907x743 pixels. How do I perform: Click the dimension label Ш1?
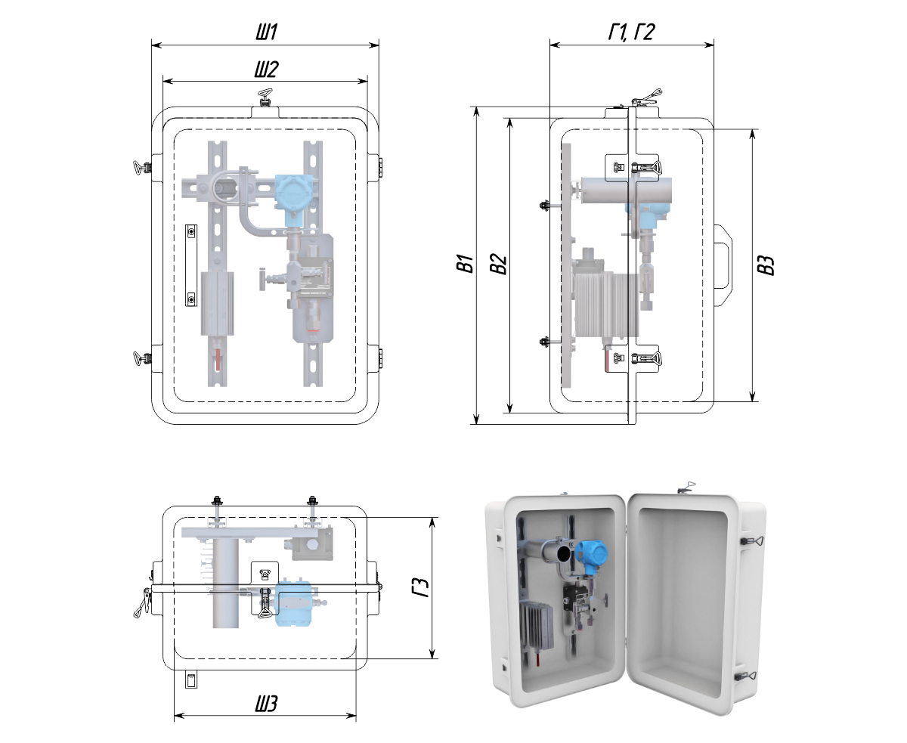[265, 33]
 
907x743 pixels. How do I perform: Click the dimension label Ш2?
[265, 70]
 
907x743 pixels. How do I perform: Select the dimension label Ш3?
[265, 704]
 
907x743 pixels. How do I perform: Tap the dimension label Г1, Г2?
[631, 33]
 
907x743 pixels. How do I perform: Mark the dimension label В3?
[766, 265]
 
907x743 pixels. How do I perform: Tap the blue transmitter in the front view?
[289, 193]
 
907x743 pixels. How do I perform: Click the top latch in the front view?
[265, 98]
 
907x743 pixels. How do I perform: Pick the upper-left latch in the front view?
[142, 167]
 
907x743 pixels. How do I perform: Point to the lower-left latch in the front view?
[142, 358]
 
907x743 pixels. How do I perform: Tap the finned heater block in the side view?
[605, 305]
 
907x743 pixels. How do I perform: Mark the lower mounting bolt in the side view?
[543, 344]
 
